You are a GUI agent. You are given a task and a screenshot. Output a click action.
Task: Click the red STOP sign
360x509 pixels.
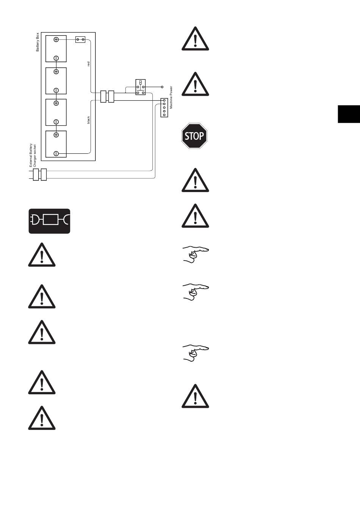point(194,136)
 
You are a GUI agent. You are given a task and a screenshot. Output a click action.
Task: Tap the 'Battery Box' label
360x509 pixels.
point(38,42)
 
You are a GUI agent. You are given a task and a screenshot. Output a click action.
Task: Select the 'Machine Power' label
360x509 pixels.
point(171,97)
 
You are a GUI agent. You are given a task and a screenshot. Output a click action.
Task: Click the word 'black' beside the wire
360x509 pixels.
point(89,120)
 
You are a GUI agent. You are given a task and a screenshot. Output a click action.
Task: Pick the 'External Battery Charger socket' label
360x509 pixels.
point(33,155)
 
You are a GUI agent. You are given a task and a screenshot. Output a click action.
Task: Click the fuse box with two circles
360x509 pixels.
point(80,39)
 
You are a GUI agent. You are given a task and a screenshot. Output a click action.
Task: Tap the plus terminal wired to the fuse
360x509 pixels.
point(56,39)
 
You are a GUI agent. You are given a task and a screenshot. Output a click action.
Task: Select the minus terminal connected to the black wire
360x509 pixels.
point(56,153)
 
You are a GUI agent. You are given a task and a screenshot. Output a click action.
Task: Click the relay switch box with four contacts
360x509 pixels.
point(141,87)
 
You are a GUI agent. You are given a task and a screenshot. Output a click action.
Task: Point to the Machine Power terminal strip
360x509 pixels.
point(164,108)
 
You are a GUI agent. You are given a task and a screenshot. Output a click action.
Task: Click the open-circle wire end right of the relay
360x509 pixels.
point(162,87)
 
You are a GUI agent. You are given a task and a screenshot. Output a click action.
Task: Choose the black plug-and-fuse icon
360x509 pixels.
point(50,221)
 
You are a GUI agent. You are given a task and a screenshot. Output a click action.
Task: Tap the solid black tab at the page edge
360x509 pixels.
point(349,114)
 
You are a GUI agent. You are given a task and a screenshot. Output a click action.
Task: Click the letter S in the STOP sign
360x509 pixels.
point(187,136)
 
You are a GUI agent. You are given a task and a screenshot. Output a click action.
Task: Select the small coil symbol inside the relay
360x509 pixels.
point(141,82)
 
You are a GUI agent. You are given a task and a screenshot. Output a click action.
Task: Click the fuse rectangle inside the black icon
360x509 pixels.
point(50,220)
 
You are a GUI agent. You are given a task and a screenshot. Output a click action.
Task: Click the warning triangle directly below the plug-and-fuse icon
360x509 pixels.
point(42,255)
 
